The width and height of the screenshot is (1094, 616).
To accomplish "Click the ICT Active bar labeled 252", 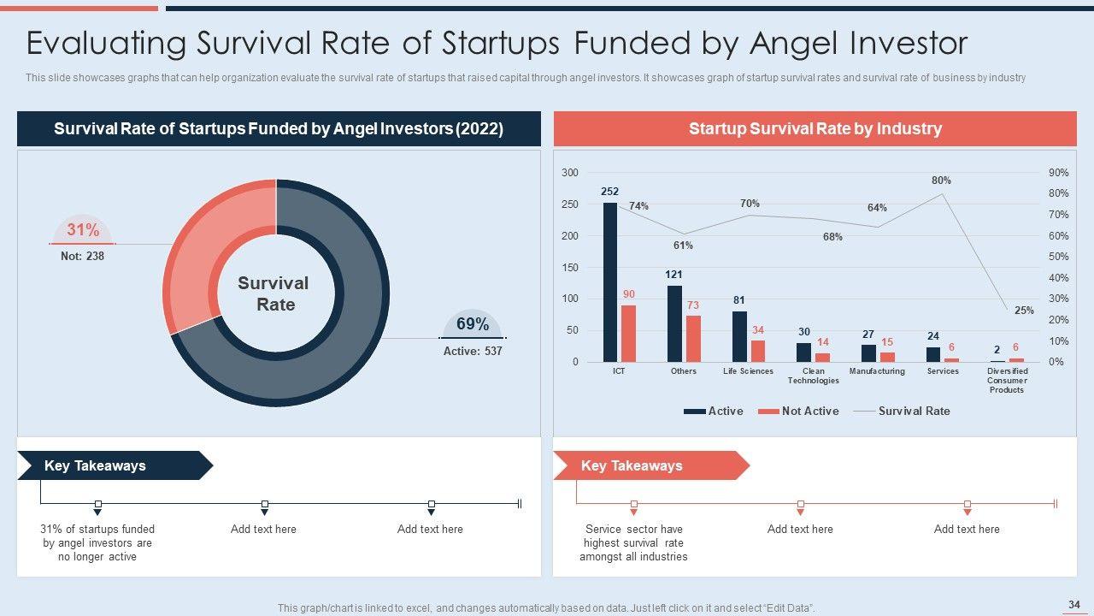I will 610,282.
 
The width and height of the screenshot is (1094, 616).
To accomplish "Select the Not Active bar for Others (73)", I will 693,339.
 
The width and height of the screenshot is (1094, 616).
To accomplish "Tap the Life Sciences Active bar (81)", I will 739,336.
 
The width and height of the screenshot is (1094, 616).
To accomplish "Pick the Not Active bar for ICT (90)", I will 628,334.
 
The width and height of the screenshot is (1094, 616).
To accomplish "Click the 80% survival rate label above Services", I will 941,181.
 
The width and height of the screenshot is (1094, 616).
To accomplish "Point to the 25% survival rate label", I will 1024,311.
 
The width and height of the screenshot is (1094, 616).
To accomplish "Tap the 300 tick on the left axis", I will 569,173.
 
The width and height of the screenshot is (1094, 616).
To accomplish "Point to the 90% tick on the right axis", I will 1058,173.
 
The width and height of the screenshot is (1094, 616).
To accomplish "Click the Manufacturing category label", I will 877,371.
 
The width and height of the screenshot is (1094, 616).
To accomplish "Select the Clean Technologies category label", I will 814,376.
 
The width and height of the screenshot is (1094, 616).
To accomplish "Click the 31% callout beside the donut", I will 83,230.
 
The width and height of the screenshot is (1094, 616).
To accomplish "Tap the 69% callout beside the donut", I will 473,324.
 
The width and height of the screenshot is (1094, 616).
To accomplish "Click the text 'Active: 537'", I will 473,351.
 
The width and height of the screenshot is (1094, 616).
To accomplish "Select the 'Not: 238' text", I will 82,256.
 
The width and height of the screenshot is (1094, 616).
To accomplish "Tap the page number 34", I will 1074,605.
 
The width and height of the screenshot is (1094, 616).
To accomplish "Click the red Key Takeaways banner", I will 641,465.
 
